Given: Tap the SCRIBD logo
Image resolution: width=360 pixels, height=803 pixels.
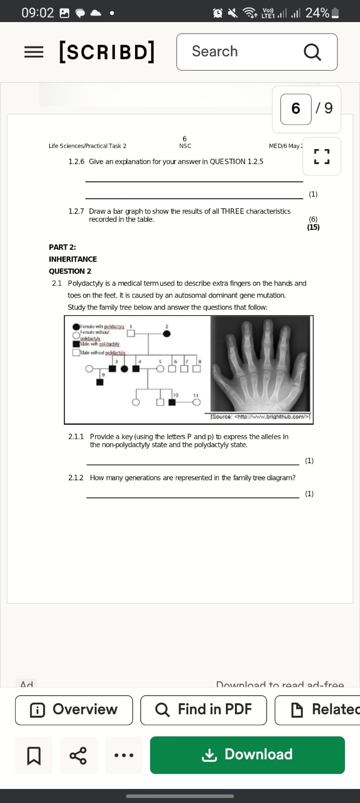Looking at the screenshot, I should [106, 52].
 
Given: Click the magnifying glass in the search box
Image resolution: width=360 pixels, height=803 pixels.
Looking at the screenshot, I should [312, 52].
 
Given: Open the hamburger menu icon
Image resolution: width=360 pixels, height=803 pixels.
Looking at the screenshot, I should [34, 52].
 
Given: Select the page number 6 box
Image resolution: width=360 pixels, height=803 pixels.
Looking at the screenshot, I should [296, 109].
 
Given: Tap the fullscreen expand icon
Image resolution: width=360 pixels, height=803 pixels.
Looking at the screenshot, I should [322, 156].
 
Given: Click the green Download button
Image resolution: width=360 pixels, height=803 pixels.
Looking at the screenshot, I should [247, 754].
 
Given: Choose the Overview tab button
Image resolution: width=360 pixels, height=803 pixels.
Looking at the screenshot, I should [74, 710].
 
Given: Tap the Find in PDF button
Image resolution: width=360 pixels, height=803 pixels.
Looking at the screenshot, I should [203, 710].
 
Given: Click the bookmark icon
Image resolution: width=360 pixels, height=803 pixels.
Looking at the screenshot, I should [34, 755].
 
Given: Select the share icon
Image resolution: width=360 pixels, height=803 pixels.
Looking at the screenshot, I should [78, 755].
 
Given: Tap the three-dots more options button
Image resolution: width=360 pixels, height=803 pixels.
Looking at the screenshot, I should [124, 755].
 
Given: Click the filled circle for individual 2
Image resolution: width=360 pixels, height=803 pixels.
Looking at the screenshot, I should [167, 334].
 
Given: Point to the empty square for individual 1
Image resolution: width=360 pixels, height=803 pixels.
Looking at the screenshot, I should [131, 333].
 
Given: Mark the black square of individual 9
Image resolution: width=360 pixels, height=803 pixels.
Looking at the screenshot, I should [100, 382].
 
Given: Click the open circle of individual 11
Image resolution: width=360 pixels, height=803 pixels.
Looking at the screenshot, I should [196, 402].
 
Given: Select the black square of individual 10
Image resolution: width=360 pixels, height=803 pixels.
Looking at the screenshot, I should [172, 402].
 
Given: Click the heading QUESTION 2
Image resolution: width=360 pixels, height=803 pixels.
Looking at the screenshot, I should [70, 271].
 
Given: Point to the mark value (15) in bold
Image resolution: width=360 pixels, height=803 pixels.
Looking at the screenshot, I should [313, 227].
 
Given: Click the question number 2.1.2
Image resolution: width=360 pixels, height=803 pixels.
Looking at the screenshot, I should [76, 478].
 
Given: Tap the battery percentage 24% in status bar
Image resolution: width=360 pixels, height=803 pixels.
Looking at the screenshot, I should [317, 13].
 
